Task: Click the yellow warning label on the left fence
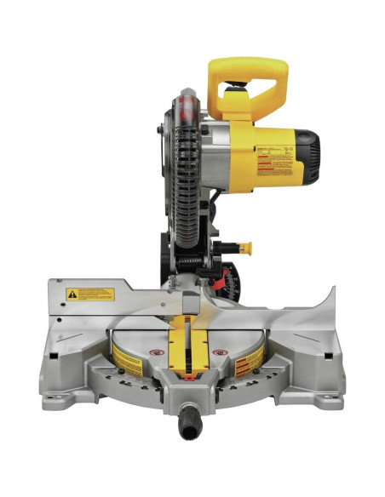click(x=91, y=294)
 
